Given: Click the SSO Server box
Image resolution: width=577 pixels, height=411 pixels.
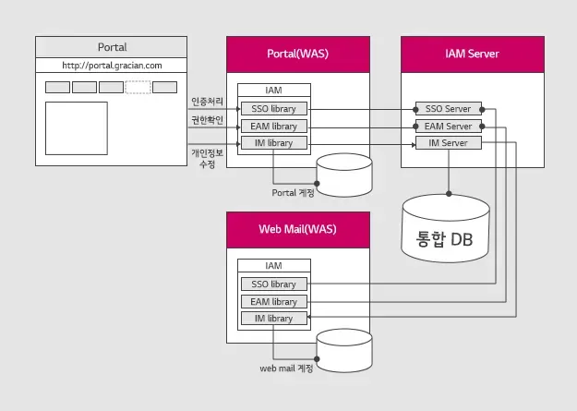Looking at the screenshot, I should (x=448, y=109).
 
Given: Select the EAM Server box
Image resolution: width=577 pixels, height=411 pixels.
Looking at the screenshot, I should (x=448, y=126).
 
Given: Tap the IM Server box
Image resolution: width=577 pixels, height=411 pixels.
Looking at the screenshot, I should (x=448, y=143).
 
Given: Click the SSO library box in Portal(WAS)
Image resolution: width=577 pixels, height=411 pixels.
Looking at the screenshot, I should (x=273, y=109).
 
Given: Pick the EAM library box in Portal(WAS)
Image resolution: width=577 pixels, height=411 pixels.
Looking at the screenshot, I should (x=273, y=126).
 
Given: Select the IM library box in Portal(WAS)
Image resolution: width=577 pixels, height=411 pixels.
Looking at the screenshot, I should (x=273, y=143).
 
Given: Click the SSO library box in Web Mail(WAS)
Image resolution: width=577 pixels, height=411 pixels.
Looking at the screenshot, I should (x=273, y=284).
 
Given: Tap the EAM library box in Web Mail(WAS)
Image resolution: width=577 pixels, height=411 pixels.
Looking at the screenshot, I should (x=273, y=301).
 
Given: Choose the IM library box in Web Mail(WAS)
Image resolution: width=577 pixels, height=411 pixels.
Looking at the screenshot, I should (x=273, y=319).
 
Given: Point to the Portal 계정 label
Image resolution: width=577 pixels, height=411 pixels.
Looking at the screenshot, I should (x=294, y=193).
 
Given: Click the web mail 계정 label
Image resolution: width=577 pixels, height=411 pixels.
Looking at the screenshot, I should (x=286, y=369).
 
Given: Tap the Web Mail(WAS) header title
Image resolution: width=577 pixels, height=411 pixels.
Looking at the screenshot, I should (x=297, y=229).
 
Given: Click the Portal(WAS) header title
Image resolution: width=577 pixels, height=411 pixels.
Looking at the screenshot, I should (x=297, y=54).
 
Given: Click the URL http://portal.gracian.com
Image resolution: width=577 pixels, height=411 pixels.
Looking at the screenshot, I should (x=112, y=66).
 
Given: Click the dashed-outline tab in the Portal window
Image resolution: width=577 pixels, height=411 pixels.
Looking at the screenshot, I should (x=138, y=87).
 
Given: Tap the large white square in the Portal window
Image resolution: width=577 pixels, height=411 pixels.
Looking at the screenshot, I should (x=76, y=127).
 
